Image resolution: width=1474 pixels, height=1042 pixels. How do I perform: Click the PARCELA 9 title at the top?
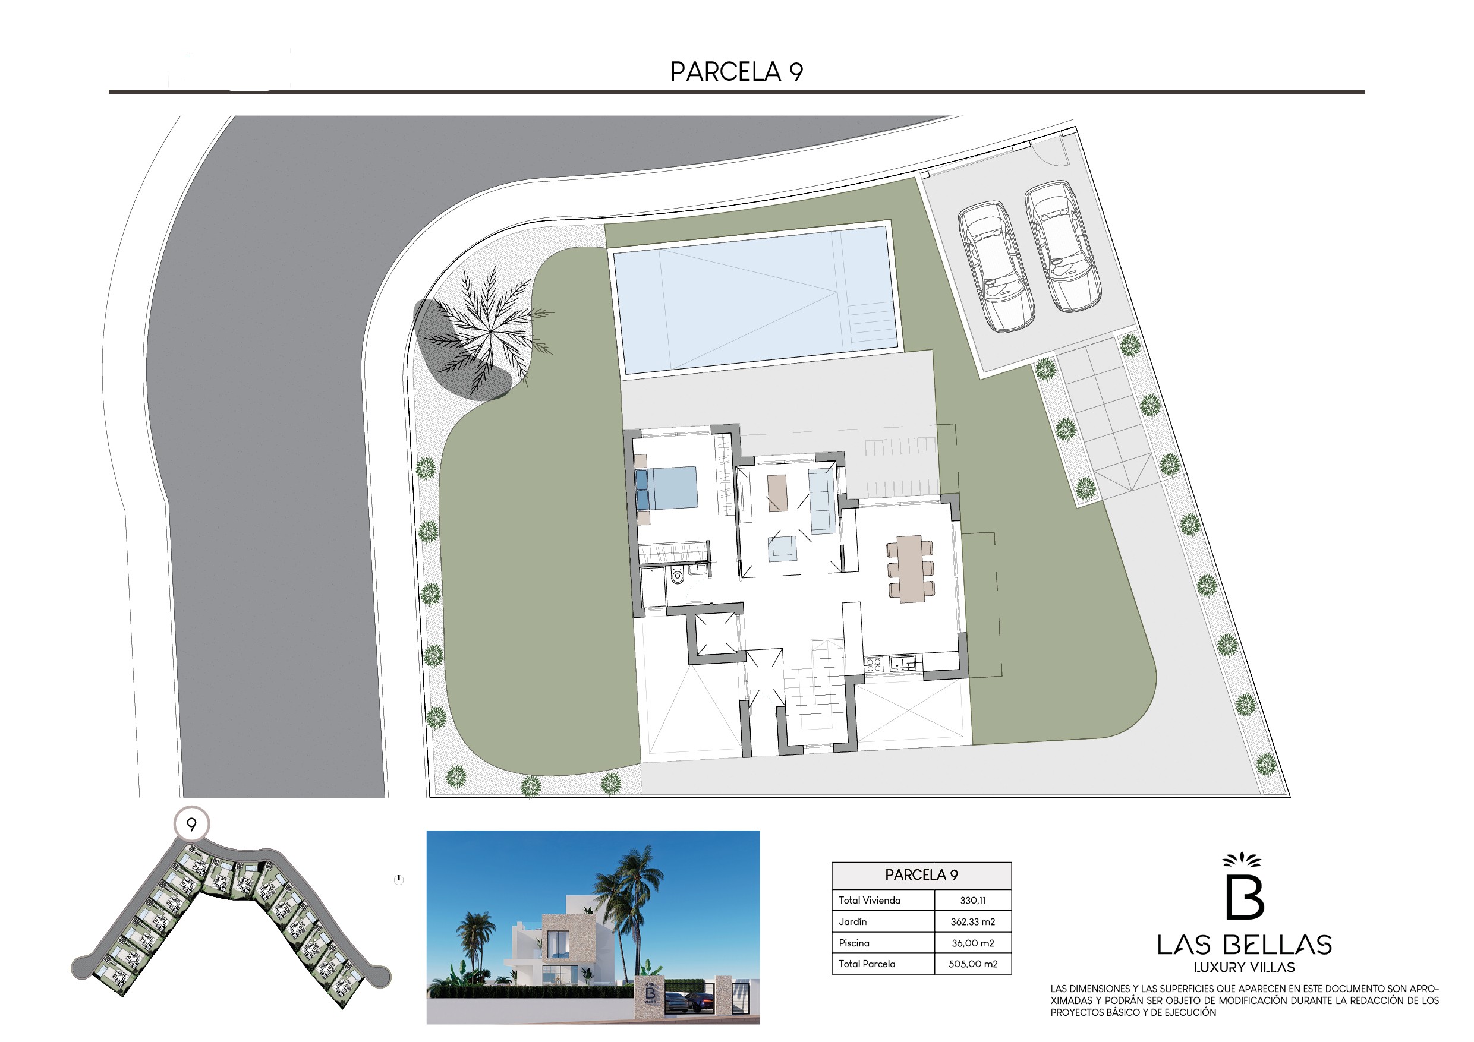point(736,72)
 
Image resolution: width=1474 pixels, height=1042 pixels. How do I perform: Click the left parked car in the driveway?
point(996,266)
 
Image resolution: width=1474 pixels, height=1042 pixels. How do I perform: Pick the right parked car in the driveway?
point(1063,247)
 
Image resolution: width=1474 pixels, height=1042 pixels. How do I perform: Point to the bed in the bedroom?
point(666,488)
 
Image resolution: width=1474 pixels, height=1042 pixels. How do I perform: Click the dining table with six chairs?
point(911,569)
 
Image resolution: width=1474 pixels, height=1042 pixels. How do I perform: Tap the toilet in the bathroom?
point(676,576)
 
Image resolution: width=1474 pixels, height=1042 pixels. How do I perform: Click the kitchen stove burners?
point(873,664)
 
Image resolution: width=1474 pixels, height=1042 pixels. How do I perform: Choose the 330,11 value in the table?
point(972,901)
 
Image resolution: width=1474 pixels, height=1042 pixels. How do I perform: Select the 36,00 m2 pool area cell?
point(972,943)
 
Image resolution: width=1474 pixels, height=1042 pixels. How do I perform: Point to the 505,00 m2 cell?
point(972,964)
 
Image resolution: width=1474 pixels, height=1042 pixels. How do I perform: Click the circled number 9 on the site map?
point(191,824)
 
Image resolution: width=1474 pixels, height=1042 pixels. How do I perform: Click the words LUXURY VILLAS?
point(1244,968)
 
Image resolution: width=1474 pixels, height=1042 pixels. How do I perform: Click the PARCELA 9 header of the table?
point(921,875)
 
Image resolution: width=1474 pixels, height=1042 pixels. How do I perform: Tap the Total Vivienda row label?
point(870,901)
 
